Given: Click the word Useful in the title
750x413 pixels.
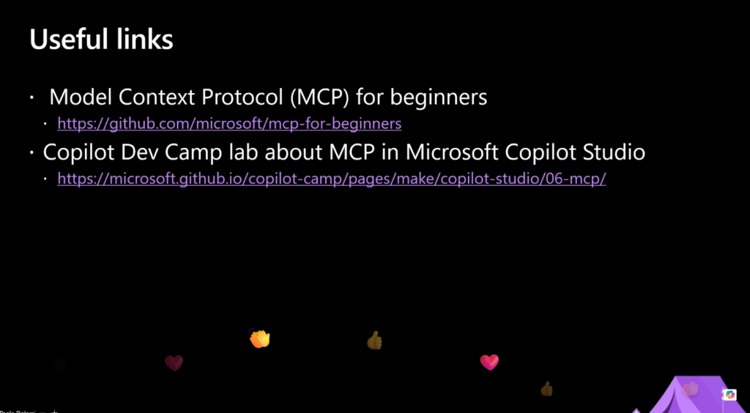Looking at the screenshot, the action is point(67,40).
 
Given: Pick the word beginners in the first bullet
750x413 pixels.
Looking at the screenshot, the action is point(439,98).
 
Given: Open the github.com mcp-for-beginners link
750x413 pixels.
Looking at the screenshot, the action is point(229,124).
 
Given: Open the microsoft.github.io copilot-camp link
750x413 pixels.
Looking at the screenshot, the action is point(332,179).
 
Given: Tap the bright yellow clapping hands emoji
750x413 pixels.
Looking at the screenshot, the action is point(260,338).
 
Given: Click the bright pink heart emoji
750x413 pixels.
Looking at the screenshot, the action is point(489,362).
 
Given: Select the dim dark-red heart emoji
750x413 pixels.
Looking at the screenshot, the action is point(174,363).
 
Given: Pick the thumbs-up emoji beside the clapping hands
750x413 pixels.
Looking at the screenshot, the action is point(374,341).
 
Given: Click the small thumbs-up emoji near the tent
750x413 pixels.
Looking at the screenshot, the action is point(546,389).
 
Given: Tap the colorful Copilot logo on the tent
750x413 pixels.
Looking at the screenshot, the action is point(730,395).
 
